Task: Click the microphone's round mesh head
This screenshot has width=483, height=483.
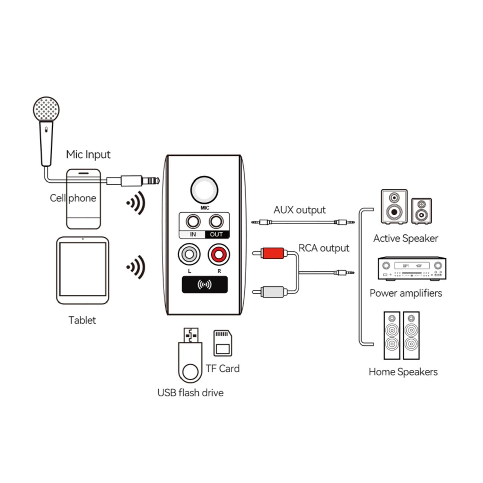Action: click(46, 109)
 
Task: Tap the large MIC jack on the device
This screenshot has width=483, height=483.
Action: click(204, 190)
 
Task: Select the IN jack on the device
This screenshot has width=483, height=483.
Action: click(193, 222)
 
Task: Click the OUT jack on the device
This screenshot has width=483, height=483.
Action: click(216, 222)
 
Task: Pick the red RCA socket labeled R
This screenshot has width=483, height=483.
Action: click(219, 255)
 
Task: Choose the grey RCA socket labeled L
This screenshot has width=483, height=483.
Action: click(189, 255)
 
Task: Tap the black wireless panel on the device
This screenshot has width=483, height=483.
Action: click(205, 285)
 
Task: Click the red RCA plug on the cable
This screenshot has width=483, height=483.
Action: click(273, 253)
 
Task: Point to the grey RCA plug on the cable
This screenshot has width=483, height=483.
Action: click(273, 292)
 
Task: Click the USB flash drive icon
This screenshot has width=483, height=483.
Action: click(190, 358)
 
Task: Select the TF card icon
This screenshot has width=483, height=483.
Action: click(223, 343)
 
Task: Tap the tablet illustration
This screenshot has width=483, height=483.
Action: click(83, 270)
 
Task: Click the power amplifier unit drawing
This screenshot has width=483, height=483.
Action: click(412, 268)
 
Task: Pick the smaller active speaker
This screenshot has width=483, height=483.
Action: click(421, 211)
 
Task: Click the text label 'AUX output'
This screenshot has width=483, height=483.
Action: click(299, 210)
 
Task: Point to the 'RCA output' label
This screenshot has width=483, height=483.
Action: click(324, 248)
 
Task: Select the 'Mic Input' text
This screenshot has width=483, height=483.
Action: click(88, 155)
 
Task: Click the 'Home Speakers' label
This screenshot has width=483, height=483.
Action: click(403, 372)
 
